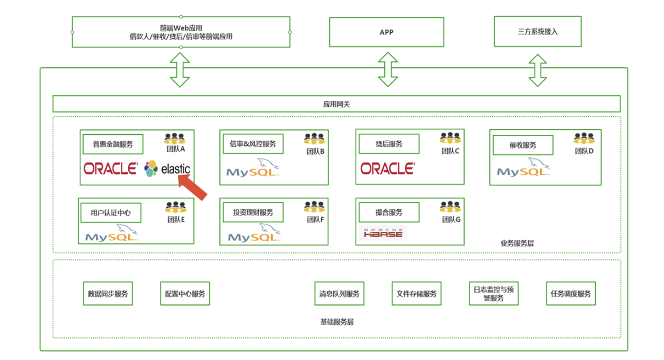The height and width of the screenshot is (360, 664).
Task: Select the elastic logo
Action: pos(167,169)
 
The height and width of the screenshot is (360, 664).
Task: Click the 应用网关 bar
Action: pos(336,104)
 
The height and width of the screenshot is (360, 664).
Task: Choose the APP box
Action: pos(386,32)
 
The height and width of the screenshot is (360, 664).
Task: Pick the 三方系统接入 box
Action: pos(537,32)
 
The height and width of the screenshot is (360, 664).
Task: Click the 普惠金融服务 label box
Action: pos(113,144)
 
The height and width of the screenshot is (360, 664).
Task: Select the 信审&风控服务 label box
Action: pos(253,144)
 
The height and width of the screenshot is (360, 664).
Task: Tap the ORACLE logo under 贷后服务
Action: pos(388,169)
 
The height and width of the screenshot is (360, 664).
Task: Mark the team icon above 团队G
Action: pos(450,206)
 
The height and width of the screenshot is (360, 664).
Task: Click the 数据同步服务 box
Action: pos(108,294)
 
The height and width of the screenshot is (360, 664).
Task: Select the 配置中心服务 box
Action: pos(185,294)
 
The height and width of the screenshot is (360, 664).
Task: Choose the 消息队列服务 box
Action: pos(339,294)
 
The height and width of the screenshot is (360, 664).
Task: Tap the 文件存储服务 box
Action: pos(416,294)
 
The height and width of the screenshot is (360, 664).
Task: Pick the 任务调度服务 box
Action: pos(571,294)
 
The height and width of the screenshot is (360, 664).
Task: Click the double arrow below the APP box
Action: pos(386,70)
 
